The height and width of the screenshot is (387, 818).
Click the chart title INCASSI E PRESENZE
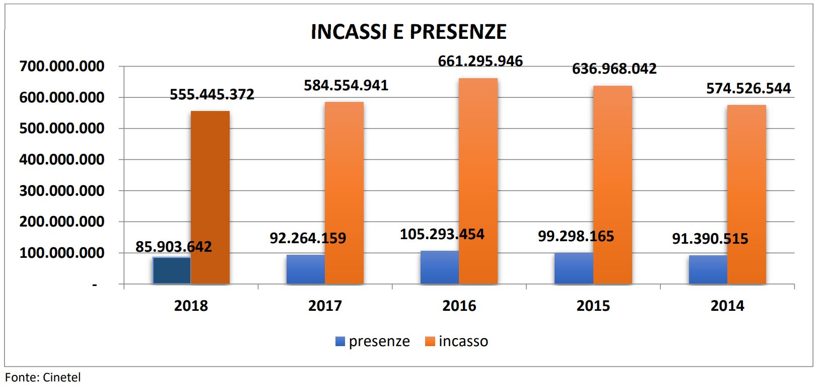point(408,32)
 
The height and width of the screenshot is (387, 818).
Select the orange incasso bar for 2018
point(210,197)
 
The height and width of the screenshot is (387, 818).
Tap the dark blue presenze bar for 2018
point(172,270)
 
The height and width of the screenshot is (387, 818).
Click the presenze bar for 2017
point(306,269)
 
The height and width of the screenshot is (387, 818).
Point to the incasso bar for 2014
point(746,194)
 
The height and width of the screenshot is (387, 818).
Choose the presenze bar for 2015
point(574,268)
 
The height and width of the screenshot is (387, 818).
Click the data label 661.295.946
point(480,61)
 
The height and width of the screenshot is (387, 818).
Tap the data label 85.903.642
point(174,247)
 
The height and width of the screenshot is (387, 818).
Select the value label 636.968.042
point(614,69)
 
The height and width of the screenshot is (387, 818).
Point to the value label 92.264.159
point(308,238)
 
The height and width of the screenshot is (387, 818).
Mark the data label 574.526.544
point(748,88)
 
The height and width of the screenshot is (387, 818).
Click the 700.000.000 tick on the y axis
point(62,66)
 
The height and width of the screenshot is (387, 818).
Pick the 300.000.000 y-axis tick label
point(62,191)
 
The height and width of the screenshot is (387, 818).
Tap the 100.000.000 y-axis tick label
point(62,253)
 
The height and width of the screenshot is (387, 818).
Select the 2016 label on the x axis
point(459,306)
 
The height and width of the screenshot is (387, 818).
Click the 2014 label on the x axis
point(727,306)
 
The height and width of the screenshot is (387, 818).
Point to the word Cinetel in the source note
point(61,377)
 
